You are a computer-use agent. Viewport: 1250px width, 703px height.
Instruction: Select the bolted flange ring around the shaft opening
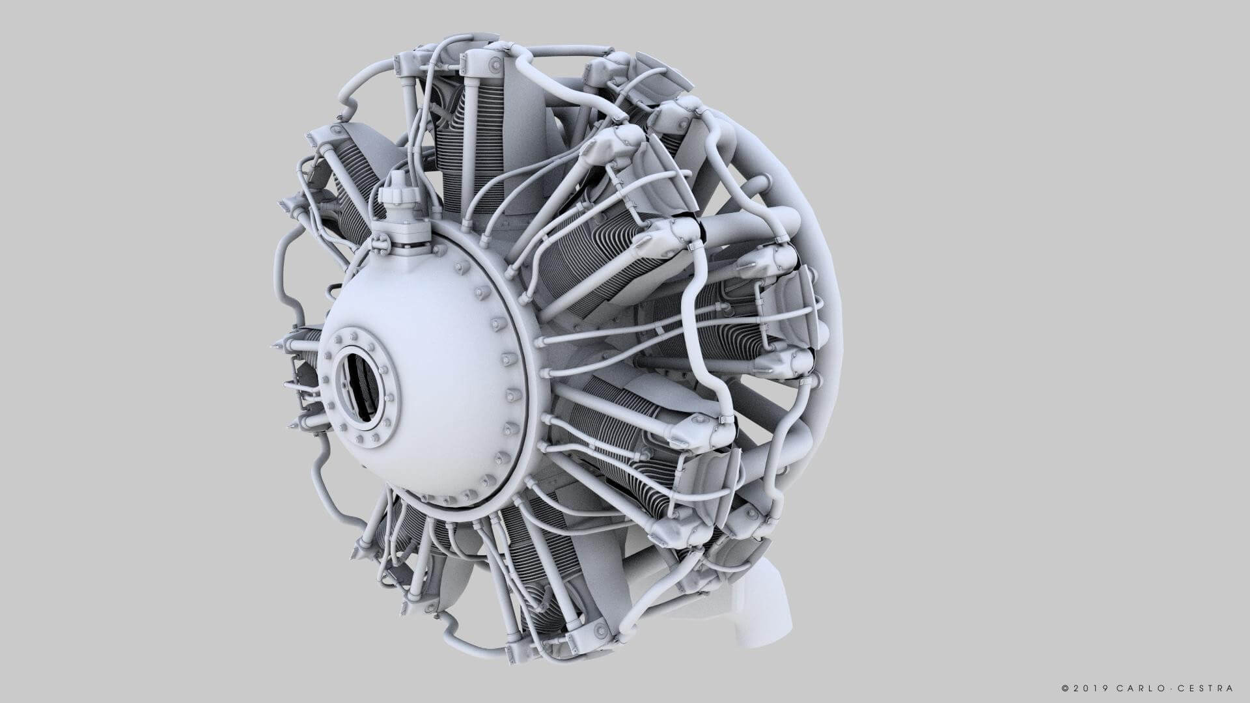[x=335, y=351]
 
